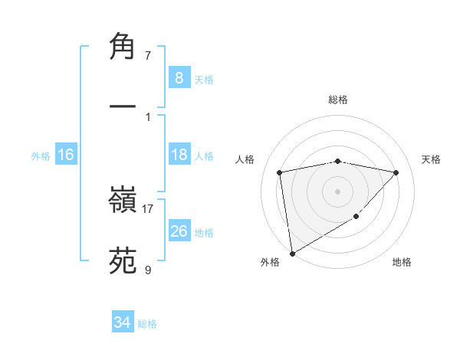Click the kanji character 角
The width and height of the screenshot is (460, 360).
pyautogui.click(x=123, y=47)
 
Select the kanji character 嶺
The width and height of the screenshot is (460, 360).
pyautogui.click(x=123, y=201)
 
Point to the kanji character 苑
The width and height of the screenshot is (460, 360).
pyautogui.click(x=123, y=259)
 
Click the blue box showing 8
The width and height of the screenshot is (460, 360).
pyautogui.click(x=179, y=78)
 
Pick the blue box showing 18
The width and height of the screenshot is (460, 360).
pyautogui.click(x=179, y=155)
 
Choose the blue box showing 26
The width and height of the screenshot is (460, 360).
pyautogui.click(x=179, y=231)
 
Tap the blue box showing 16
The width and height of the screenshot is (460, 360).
pyautogui.click(x=66, y=155)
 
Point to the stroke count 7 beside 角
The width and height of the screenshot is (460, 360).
pyautogui.click(x=148, y=55)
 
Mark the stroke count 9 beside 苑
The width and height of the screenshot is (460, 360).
pyautogui.click(x=148, y=270)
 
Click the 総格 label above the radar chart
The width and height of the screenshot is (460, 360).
pyautogui.click(x=337, y=100)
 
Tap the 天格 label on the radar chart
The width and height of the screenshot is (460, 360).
pyautogui.click(x=431, y=159)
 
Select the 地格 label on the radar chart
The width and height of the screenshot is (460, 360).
pyautogui.click(x=402, y=263)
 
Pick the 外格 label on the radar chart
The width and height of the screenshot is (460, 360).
pyautogui.click(x=270, y=263)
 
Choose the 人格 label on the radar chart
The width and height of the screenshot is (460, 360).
pyautogui.click(x=245, y=159)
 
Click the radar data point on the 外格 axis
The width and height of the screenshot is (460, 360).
pyautogui.click(x=291, y=253)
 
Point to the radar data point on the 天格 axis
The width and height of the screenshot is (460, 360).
pyautogui.click(x=396, y=172)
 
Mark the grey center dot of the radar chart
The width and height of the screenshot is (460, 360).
pyautogui.click(x=337, y=190)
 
